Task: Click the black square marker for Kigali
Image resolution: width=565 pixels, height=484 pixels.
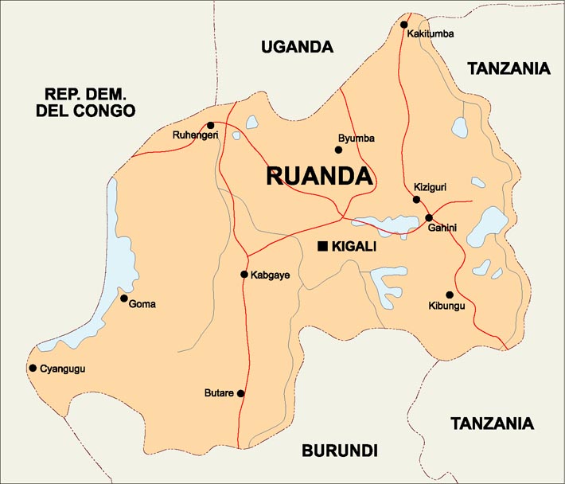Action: (x=322, y=247)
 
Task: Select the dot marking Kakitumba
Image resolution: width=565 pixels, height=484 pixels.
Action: (x=404, y=25)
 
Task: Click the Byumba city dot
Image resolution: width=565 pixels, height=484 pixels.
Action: (x=338, y=150)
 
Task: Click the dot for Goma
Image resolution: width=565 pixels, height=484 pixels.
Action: (x=123, y=299)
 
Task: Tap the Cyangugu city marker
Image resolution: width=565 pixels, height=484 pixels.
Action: (x=33, y=368)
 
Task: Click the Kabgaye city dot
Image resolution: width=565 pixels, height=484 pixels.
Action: (x=244, y=275)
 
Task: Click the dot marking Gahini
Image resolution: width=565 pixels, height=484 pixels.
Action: (x=428, y=217)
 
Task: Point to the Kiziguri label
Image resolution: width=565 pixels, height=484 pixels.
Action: (x=430, y=188)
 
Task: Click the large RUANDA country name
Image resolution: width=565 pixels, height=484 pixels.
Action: (x=319, y=176)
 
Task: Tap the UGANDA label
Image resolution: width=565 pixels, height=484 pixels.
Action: (x=297, y=47)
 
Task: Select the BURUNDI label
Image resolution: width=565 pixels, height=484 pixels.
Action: (x=339, y=451)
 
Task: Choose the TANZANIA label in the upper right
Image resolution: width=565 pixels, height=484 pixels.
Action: (x=509, y=68)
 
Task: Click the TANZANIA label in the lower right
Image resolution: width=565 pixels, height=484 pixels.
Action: (x=492, y=423)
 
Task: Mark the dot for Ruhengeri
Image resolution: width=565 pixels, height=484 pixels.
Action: (x=210, y=125)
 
